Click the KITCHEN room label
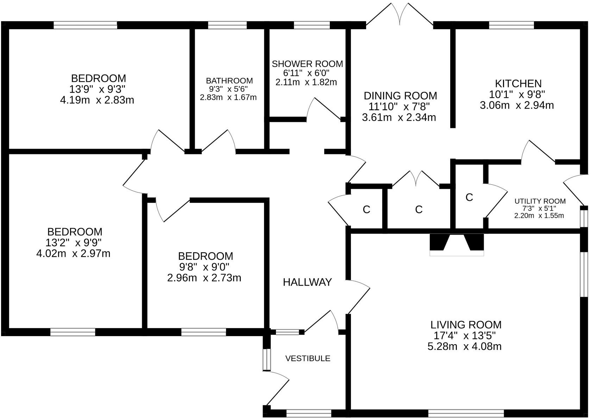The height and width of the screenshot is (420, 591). tap(518, 84)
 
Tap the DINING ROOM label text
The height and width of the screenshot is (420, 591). tap(400, 96)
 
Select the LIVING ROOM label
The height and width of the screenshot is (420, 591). tap(466, 325)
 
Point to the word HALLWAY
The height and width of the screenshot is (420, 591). tap(307, 282)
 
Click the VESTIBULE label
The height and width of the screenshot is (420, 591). tap(308, 359)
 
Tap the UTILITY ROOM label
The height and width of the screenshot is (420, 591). tap(540, 201)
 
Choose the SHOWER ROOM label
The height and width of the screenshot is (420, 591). tap(307, 64)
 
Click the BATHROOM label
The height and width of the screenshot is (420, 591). tap(229, 81)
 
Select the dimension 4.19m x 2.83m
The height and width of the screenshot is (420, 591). tap(97, 100)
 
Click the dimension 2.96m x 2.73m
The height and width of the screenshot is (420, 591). tap(204, 278)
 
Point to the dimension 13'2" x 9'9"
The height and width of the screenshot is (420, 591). tap(74, 243)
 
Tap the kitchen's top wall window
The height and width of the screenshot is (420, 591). tap(511, 25)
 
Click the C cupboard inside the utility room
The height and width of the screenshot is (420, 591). tap(469, 198)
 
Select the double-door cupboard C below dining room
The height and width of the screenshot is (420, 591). tap(418, 210)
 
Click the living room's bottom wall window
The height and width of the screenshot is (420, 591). tap(466, 413)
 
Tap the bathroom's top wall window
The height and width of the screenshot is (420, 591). tap(227, 25)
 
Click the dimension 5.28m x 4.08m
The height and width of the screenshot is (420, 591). tap(464, 346)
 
